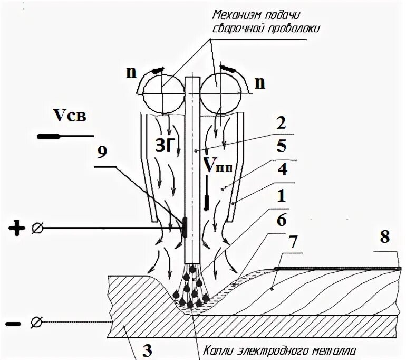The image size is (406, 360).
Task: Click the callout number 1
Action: coord(284,195)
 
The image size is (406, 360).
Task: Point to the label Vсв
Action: coord(69,115)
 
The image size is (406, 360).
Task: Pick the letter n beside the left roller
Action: coord(130,71)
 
